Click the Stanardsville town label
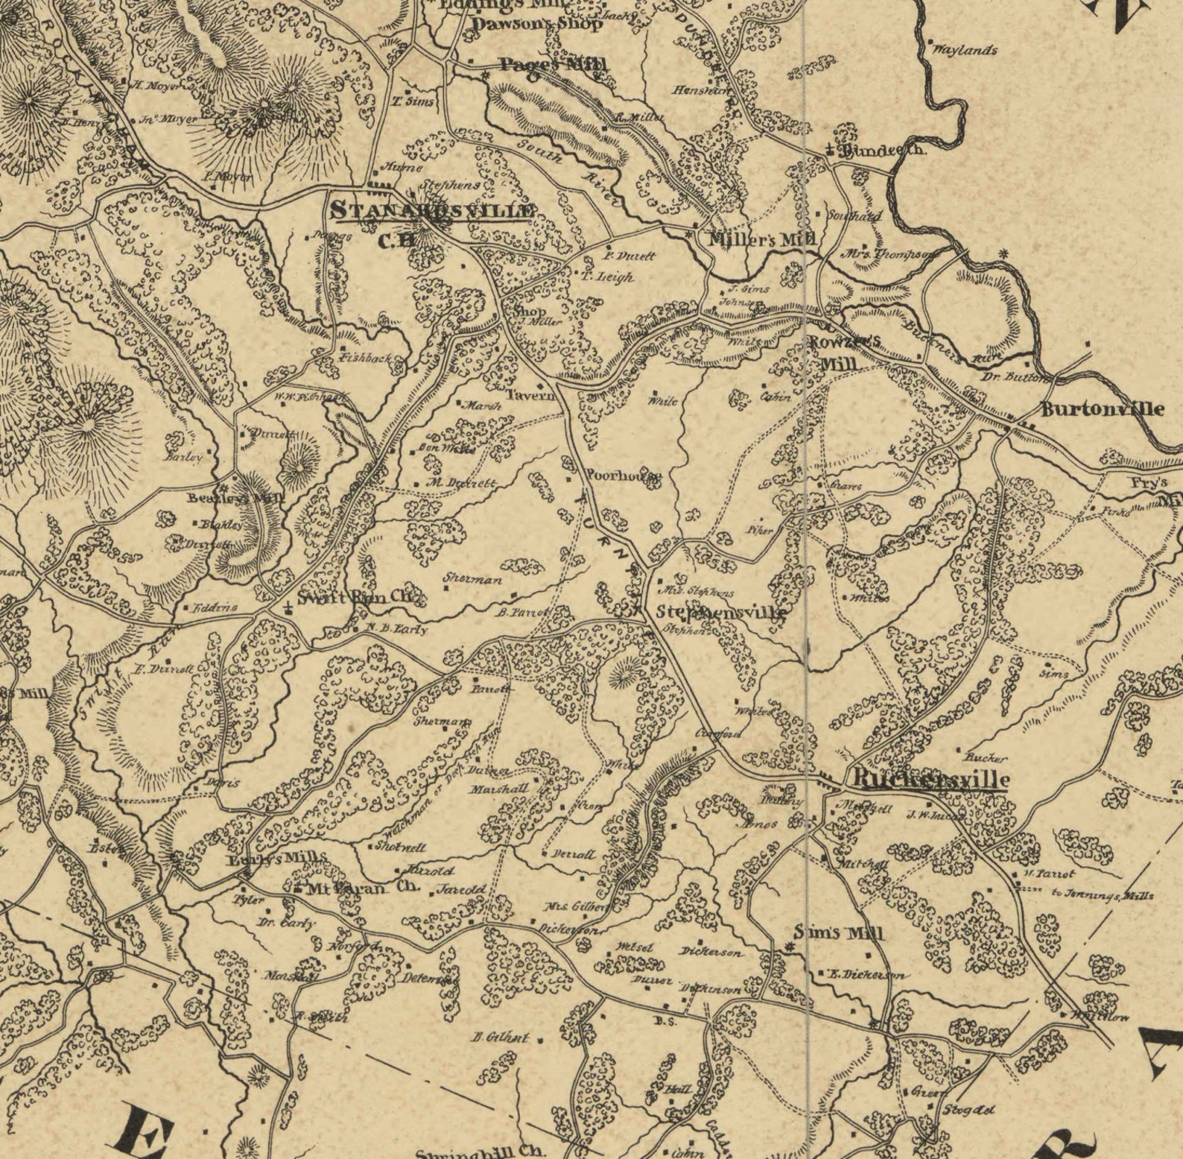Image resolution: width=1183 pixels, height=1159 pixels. click(x=434, y=211)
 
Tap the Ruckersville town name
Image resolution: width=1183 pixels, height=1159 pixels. click(x=930, y=780)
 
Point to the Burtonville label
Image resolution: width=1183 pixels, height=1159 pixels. click(x=1102, y=408)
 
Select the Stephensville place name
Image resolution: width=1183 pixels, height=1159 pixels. click(x=721, y=612)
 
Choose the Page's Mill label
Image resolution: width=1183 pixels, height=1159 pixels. click(x=552, y=64)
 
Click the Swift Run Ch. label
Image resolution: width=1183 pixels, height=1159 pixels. click(x=360, y=598)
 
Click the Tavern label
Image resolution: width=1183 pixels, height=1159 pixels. click(x=531, y=396)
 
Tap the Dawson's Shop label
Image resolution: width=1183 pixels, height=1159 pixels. click(x=537, y=24)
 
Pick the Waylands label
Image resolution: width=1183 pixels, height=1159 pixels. click(x=965, y=51)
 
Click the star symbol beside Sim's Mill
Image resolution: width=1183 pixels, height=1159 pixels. click(x=790, y=947)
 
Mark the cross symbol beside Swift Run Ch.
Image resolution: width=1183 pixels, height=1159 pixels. click(x=288, y=607)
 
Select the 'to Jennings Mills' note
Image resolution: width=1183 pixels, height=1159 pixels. click(x=1103, y=895)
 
